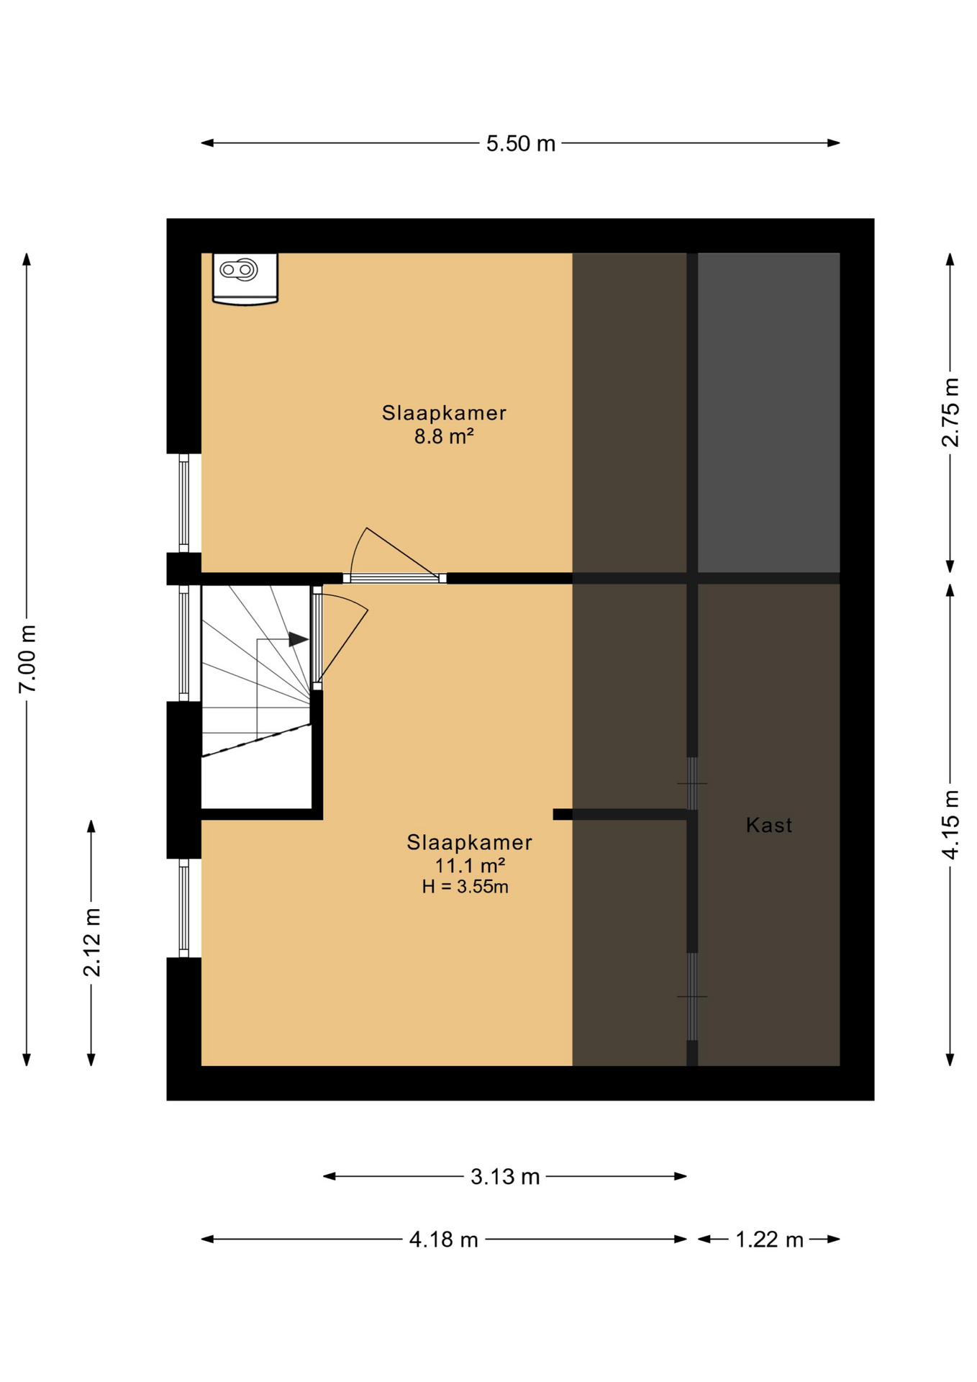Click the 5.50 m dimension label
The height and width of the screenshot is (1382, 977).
tap(520, 143)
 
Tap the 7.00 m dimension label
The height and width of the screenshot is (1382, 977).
tap(27, 659)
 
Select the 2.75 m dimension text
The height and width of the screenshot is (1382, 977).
tap(950, 412)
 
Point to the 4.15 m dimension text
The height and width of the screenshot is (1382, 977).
tap(950, 824)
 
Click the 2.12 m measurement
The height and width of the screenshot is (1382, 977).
tap(91, 942)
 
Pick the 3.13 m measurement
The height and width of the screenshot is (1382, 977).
tap(505, 1176)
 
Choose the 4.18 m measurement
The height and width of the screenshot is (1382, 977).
tap(443, 1239)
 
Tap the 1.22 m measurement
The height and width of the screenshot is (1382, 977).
tap(769, 1239)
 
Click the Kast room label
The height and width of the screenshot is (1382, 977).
tap(769, 825)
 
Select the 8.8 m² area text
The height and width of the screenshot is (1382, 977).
tap(444, 436)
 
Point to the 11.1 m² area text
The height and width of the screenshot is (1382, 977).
tap(470, 864)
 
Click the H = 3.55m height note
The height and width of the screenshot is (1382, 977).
tap(465, 887)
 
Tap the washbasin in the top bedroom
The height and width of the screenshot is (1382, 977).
tap(245, 279)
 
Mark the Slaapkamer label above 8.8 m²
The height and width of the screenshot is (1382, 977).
tap(444, 413)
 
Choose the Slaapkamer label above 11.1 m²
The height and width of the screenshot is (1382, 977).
tap(470, 842)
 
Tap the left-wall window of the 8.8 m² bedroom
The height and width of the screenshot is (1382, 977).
tap(183, 503)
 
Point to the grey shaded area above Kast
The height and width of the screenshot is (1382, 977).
tap(768, 412)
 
